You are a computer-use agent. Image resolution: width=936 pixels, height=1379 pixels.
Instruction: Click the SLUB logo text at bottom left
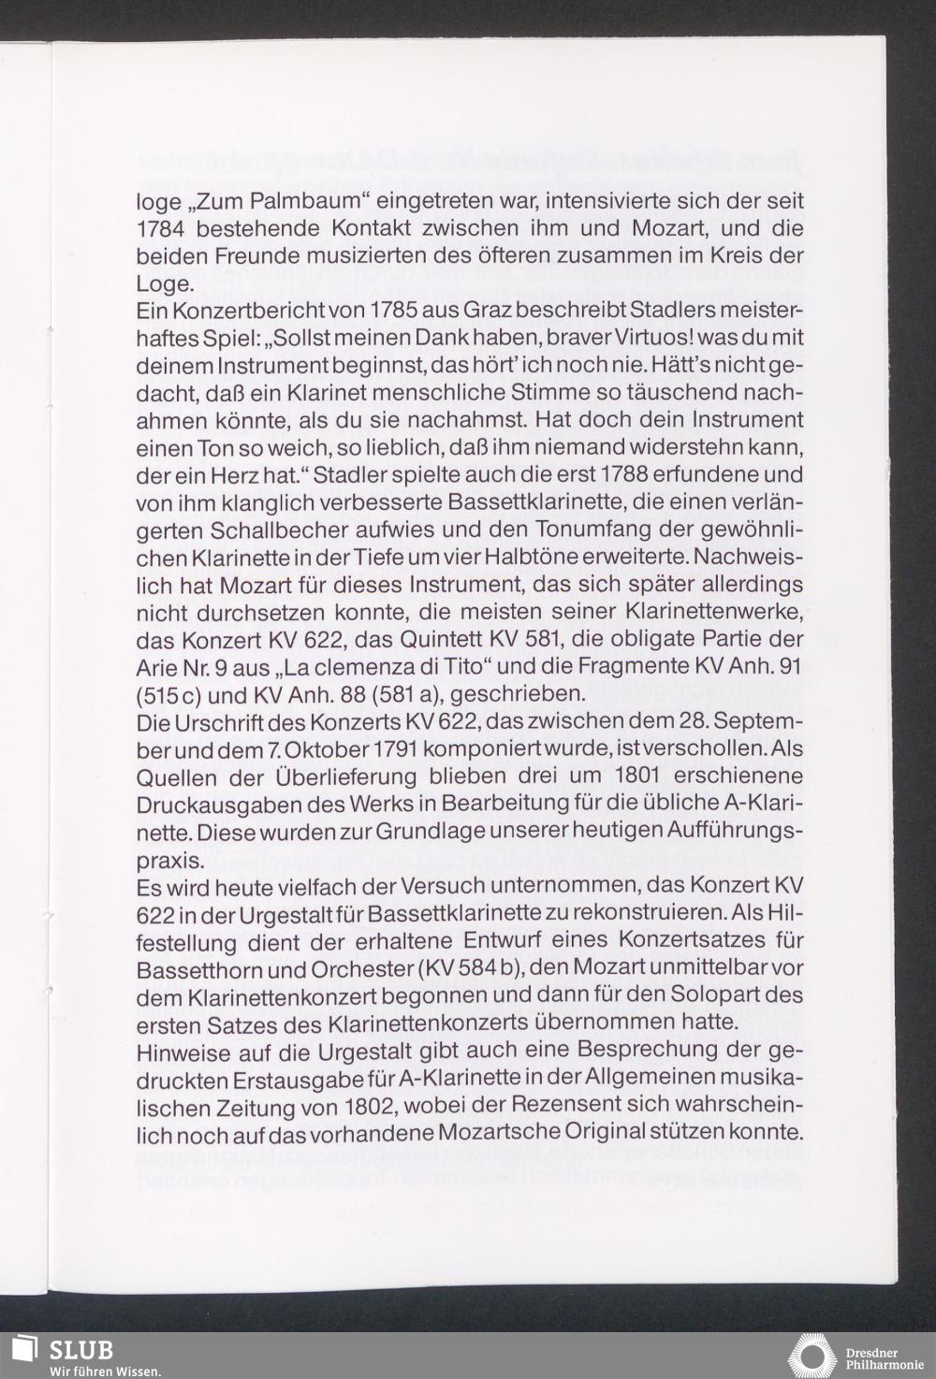(81, 1349)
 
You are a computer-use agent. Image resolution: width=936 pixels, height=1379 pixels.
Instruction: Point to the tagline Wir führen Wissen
(105, 1371)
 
